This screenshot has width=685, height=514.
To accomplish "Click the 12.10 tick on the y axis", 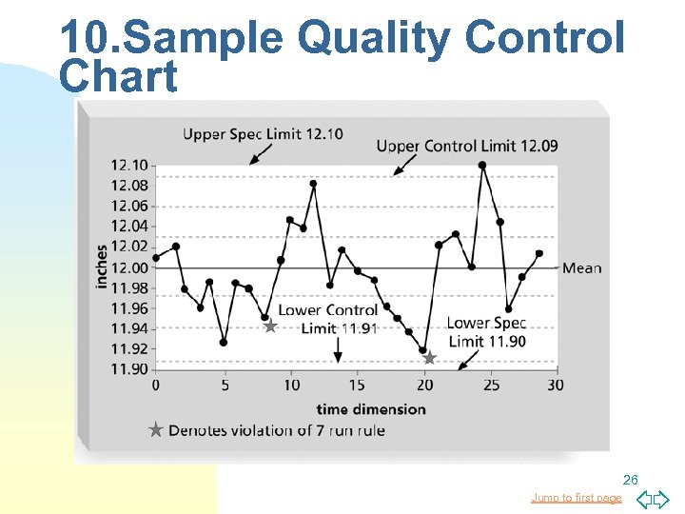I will click(131, 166).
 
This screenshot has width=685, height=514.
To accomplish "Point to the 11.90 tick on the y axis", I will click(131, 369).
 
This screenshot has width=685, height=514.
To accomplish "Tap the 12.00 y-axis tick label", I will click(131, 267).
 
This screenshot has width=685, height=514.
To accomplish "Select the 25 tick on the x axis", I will click(491, 385).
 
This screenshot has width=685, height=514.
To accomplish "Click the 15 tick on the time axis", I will click(356, 385).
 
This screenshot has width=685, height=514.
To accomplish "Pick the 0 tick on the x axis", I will click(156, 385).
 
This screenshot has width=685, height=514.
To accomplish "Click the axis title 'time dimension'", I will click(371, 408).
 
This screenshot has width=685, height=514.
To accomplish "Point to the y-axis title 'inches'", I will click(102, 267).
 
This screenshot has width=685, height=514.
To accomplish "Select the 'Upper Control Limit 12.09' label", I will click(467, 146).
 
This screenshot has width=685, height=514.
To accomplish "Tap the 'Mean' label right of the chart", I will click(581, 267).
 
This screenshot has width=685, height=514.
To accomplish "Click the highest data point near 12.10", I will click(482, 165).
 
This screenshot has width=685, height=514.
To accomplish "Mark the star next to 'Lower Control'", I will click(270, 326).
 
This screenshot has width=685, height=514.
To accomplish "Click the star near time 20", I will click(429, 358).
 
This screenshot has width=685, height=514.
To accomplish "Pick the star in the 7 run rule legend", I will click(156, 430).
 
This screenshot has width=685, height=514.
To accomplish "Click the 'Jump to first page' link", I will click(576, 498).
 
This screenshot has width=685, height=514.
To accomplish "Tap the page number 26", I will click(630, 479).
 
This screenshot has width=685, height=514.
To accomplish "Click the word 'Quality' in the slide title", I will click(374, 39).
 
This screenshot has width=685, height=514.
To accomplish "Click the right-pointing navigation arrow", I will click(661, 499).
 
